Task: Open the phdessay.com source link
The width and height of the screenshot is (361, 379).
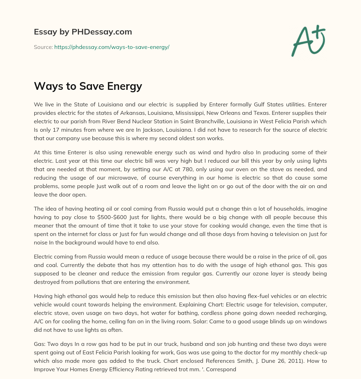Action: pos(112,47)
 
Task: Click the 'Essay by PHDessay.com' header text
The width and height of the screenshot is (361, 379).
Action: pos(83,32)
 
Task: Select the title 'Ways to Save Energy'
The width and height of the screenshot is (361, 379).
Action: pos(88,86)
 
